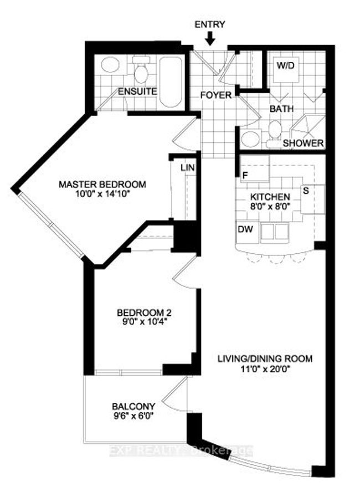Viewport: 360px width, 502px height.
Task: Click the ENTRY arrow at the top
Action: pyautogui.click(x=210, y=38)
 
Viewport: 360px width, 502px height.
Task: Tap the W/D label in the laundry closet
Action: pyautogui.click(x=285, y=66)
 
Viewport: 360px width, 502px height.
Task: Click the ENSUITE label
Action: pyautogui.click(x=137, y=91)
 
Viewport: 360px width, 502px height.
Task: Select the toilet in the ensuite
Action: pyautogui.click(x=141, y=69)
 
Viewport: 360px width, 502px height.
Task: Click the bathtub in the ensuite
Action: pyautogui.click(x=171, y=82)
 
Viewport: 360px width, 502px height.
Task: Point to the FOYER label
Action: pyautogui.click(x=216, y=95)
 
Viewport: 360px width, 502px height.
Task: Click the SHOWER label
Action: pyautogui.click(x=304, y=143)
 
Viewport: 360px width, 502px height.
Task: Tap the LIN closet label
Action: pyautogui.click(x=188, y=167)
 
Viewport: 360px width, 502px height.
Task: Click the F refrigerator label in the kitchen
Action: pyautogui.click(x=245, y=175)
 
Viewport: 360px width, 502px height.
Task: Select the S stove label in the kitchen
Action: pyautogui.click(x=306, y=191)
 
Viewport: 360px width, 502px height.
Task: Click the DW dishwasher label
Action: pyautogui.click(x=245, y=229)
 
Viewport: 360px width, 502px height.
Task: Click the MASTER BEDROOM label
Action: pyautogui.click(x=102, y=185)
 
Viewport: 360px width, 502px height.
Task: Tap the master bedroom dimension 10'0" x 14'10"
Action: pyautogui.click(x=102, y=194)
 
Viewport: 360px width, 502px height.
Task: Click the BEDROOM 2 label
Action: pyautogui.click(x=142, y=313)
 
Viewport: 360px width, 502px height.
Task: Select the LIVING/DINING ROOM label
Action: pyautogui.click(x=265, y=358)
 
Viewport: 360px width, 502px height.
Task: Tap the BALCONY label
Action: pyautogui.click(x=133, y=407)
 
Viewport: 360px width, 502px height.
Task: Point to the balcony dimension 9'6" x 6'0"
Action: pyautogui.click(x=133, y=416)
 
